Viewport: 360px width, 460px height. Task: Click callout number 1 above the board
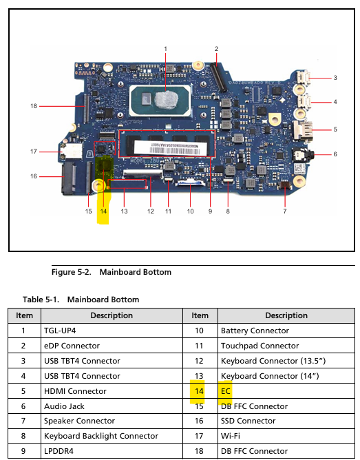(165, 49)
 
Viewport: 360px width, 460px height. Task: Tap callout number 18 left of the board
(34, 106)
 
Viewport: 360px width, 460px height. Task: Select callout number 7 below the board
(285, 211)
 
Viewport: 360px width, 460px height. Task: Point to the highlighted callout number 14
(103, 211)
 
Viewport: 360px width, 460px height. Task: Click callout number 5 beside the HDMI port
(335, 129)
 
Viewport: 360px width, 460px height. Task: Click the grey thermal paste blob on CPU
(166, 99)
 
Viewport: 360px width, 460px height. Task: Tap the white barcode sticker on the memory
(168, 147)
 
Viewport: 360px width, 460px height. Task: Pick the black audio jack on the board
(303, 154)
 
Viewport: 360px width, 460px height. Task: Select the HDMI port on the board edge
(303, 130)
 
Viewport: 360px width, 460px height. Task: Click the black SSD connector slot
(69, 178)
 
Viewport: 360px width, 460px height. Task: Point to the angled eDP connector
(218, 77)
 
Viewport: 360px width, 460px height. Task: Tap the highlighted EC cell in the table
(226, 391)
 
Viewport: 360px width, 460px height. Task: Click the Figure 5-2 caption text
(112, 272)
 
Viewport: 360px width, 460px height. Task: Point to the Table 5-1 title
(81, 300)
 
